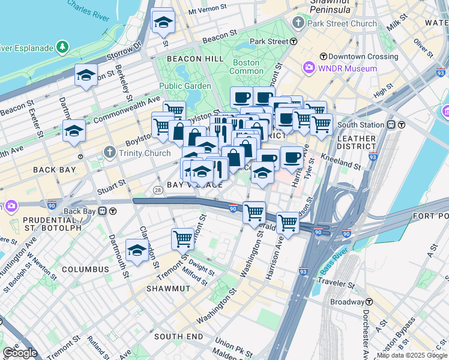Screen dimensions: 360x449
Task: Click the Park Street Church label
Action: point(342,24)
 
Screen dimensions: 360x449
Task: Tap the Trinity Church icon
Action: point(109,152)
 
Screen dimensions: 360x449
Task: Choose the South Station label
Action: point(360,125)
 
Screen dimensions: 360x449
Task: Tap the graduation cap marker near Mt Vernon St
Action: point(163,23)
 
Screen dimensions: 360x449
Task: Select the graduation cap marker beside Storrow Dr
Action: point(86,76)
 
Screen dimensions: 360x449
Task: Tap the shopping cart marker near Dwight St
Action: point(183,239)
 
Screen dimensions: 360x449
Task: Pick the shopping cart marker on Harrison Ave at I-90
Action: point(288,223)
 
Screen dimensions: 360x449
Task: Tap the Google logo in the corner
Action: point(20,353)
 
